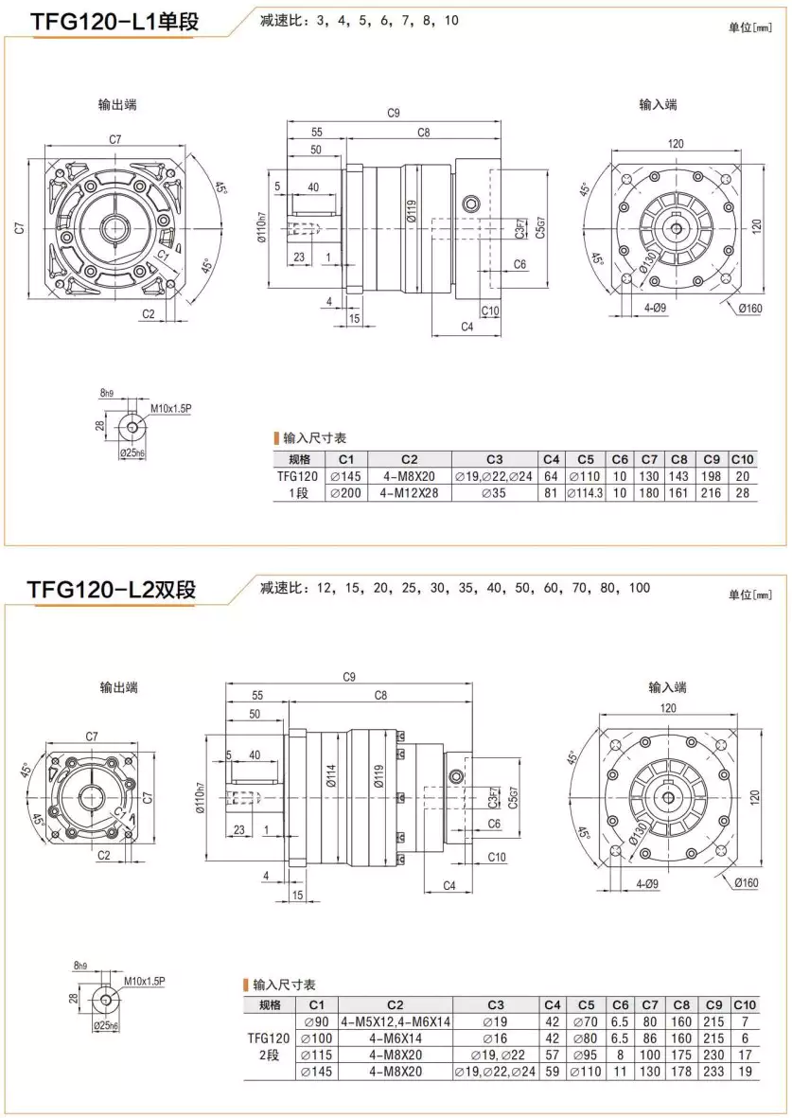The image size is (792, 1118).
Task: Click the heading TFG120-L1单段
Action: click(x=114, y=21)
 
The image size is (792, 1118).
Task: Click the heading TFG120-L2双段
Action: click(x=112, y=589)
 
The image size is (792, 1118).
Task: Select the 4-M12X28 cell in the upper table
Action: click(x=403, y=493)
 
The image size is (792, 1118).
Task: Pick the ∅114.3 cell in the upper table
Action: click(x=585, y=493)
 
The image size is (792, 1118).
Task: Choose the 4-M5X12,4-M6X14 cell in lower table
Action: click(x=395, y=1021)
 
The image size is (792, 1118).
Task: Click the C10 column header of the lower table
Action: click(x=745, y=1004)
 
